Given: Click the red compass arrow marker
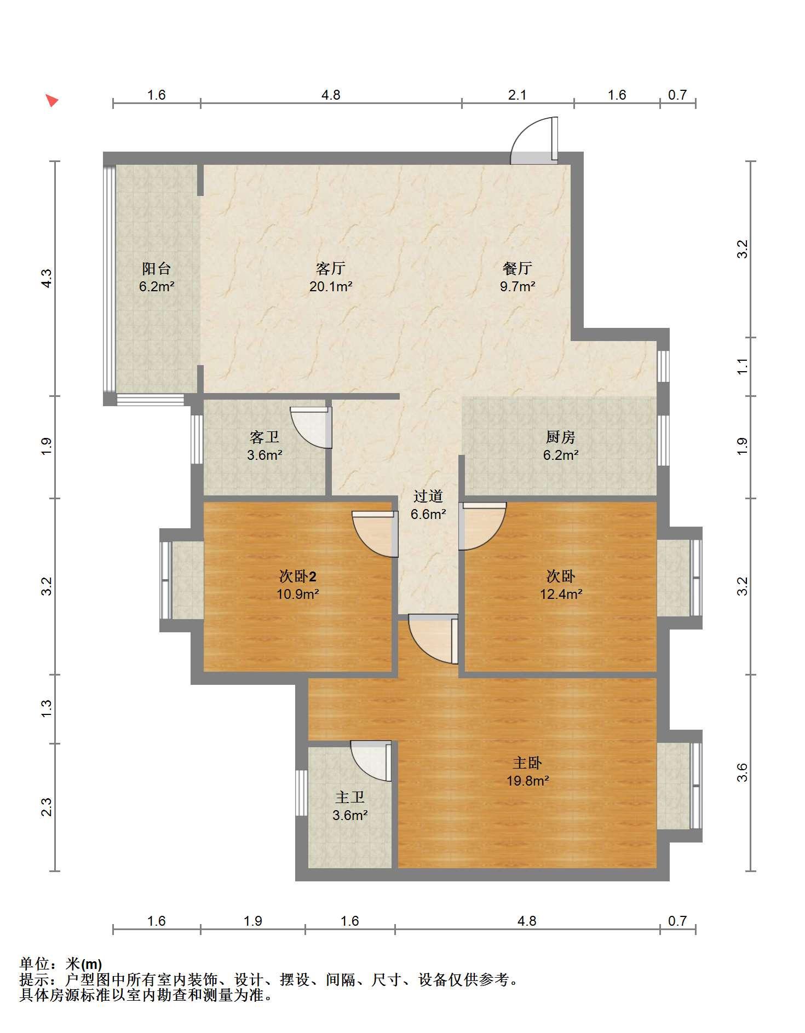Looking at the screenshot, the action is (51, 100).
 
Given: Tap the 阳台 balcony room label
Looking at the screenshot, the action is (157, 268).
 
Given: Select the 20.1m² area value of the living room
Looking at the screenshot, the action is (331, 286).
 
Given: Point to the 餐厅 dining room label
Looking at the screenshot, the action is (517, 268).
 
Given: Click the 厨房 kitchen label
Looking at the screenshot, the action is (561, 437).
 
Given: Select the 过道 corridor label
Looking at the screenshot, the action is (428, 496).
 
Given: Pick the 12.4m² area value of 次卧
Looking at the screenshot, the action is (561, 594).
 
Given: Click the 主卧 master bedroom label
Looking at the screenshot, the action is (527, 763).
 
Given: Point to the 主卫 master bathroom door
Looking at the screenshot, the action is (371, 761).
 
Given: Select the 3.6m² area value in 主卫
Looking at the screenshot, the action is (350, 815).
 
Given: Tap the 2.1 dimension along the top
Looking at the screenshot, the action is (517, 95).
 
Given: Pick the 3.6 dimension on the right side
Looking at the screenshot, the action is (742, 773).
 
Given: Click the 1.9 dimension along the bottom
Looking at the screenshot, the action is (253, 921).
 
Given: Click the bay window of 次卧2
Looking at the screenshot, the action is (165, 580).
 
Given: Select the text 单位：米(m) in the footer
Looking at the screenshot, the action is (61, 963).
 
